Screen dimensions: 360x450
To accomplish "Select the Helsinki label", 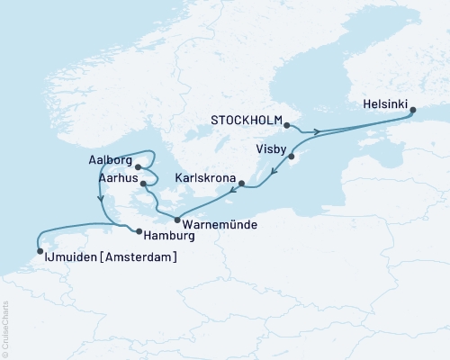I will pyautogui.click(x=385, y=103).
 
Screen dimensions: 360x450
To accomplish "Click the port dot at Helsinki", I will pyautogui.click(x=413, y=112).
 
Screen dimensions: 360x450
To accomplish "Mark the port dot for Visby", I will pyautogui.click(x=292, y=157).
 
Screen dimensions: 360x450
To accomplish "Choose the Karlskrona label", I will pyautogui.click(x=205, y=179).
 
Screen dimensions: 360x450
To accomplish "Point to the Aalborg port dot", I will pyautogui.click(x=138, y=166).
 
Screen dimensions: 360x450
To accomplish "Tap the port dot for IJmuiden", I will pyautogui.click(x=40, y=251).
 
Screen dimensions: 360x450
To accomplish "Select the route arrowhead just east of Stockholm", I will pyautogui.click(x=317, y=132).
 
